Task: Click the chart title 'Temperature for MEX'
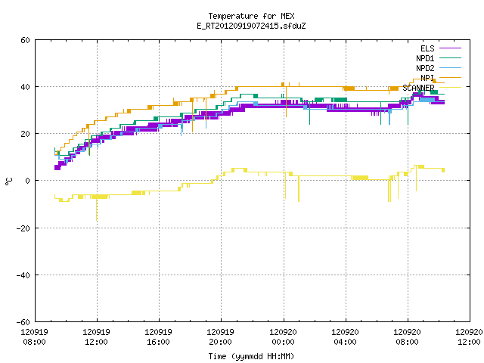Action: (251, 16)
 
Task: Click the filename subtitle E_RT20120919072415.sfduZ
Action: (251, 26)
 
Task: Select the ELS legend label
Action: (427, 48)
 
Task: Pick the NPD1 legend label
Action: (425, 58)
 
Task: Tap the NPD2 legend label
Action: (425, 68)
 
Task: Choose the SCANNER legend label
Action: (418, 88)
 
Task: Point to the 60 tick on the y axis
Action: (25, 40)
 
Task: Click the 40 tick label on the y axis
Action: (25, 87)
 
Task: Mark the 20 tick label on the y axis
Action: (25, 134)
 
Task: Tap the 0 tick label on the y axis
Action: (28, 181)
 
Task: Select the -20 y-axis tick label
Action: (23, 228)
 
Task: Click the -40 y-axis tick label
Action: (23, 275)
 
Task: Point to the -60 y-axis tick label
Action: (23, 322)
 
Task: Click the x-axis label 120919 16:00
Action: (158, 337)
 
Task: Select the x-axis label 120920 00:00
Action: (283, 337)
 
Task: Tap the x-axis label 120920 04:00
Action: (345, 337)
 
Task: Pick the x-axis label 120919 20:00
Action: (220, 337)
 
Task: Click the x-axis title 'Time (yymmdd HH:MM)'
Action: (251, 356)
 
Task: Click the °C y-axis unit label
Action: (8, 181)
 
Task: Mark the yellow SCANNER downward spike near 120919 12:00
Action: (96, 210)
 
